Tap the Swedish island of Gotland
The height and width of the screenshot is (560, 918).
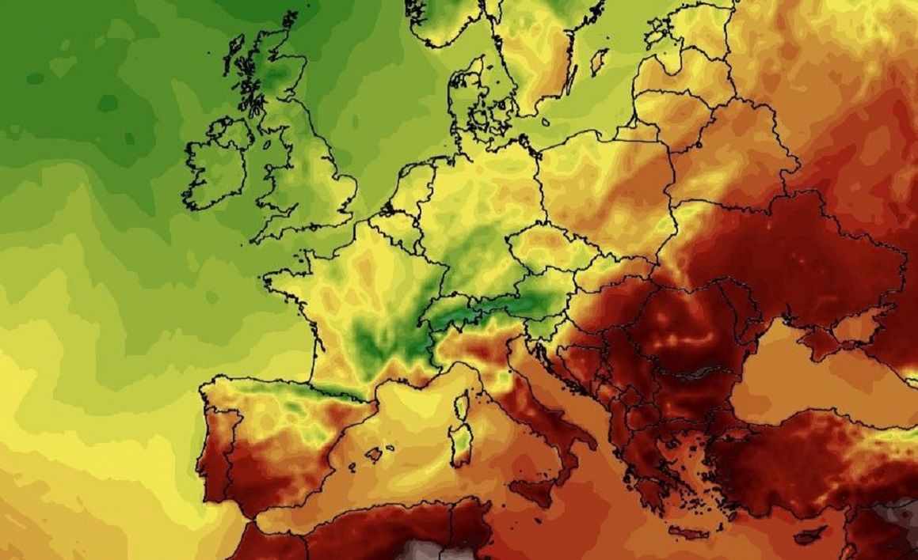tap(600, 62)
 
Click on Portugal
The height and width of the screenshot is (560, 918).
tap(216, 443)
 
